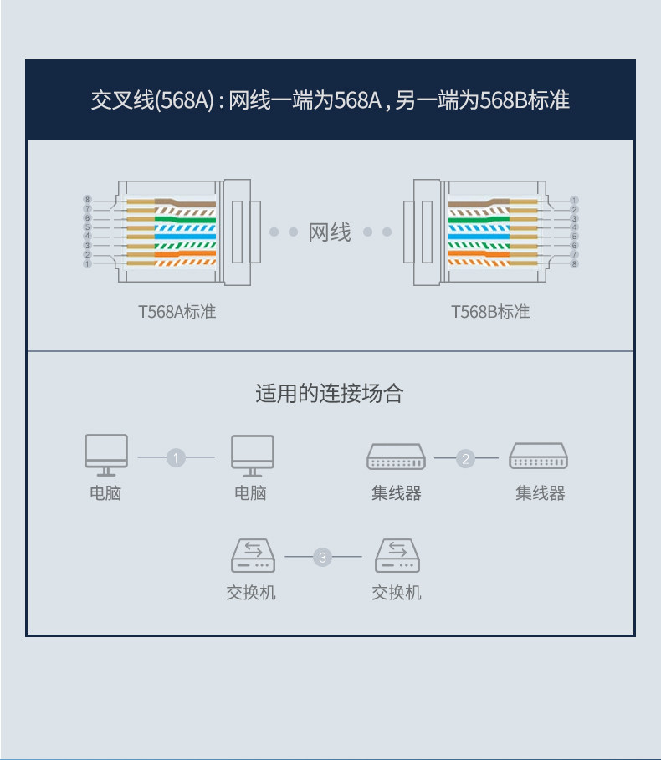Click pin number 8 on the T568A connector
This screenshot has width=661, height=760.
[x=87, y=199]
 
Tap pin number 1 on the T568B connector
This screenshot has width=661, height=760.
[x=574, y=200]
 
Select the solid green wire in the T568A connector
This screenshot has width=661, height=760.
[x=185, y=219]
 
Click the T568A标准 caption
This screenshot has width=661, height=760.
[x=177, y=312]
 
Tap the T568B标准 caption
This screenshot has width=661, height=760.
[x=490, y=312]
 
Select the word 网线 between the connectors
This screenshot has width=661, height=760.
[x=330, y=232]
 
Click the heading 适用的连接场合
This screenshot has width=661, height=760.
[x=330, y=393]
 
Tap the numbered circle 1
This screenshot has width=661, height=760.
[x=176, y=457]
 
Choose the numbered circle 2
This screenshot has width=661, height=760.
[x=466, y=457]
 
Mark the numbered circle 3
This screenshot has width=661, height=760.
[x=322, y=557]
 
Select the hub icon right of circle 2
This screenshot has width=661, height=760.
[x=540, y=457]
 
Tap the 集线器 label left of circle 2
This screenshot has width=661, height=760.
[x=397, y=493]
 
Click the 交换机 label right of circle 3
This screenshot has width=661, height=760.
[x=397, y=593]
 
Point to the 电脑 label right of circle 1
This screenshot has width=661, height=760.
[x=250, y=493]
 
